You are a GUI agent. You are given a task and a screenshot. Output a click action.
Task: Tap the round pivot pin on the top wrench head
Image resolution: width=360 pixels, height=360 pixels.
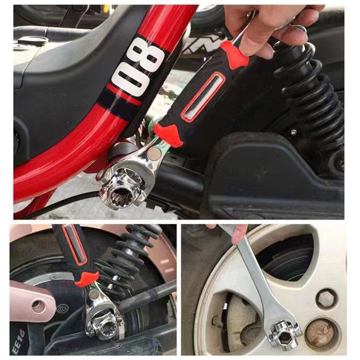(154, 154)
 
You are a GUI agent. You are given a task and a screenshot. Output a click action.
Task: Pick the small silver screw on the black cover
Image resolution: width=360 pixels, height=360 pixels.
(293, 132)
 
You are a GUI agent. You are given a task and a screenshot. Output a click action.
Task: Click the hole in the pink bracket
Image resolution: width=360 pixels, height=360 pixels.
(38, 306)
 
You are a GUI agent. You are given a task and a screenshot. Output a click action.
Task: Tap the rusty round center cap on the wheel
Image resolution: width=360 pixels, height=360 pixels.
(320, 333)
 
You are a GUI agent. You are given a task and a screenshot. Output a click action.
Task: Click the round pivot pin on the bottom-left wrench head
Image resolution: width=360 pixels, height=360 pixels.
(94, 295)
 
